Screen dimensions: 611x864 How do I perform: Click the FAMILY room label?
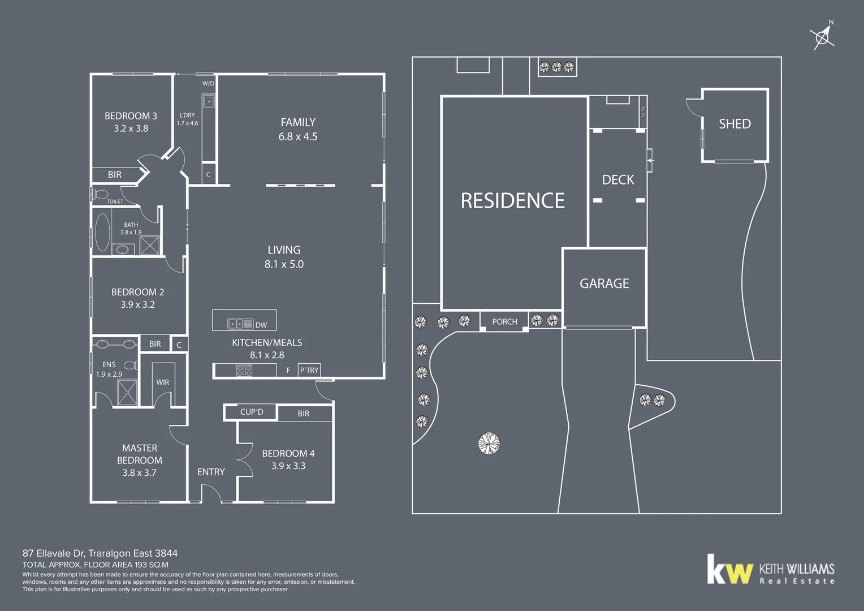(x=298, y=123)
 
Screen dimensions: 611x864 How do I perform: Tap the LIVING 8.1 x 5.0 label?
(x=284, y=257)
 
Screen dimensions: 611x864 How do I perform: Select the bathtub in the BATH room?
(x=102, y=233)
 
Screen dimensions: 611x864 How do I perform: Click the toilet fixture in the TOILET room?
(x=100, y=195)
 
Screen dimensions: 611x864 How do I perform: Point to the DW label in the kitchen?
(x=261, y=325)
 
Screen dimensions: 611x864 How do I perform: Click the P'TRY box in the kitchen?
(x=309, y=370)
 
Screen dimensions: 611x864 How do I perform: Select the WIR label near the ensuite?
(x=163, y=382)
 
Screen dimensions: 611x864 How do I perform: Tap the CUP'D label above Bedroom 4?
(x=252, y=412)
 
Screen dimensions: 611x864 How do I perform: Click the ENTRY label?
(x=211, y=472)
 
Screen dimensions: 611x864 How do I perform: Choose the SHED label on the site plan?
(x=735, y=124)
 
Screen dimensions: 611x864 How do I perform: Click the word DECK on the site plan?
(x=618, y=180)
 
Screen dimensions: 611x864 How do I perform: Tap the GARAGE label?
(x=604, y=283)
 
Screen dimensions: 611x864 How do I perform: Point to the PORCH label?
(x=504, y=322)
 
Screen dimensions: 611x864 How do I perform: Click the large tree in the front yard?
(x=489, y=443)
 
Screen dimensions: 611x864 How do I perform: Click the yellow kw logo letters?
(x=730, y=570)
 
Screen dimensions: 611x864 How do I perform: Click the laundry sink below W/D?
(x=209, y=102)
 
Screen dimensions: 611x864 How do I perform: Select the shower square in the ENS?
(x=127, y=392)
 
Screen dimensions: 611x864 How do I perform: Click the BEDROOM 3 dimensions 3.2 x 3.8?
(x=131, y=128)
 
